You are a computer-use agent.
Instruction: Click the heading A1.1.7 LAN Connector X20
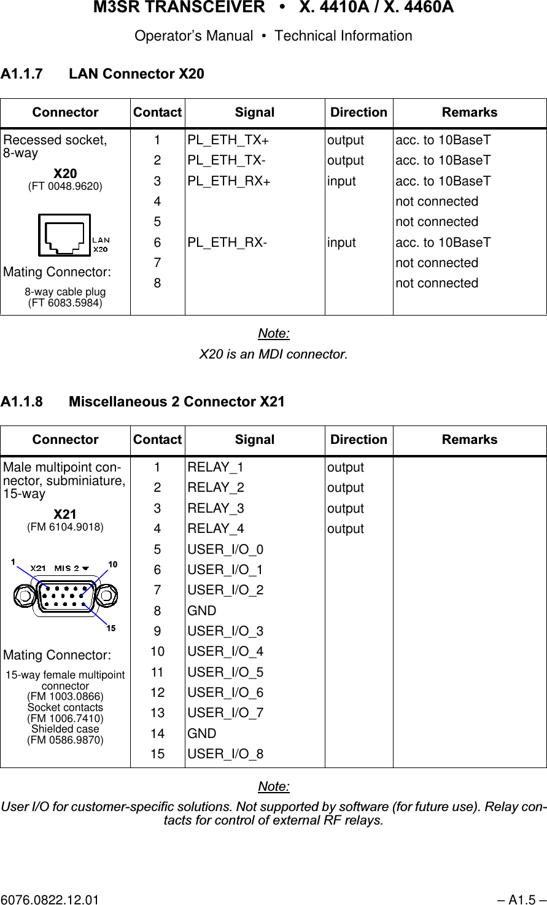103,74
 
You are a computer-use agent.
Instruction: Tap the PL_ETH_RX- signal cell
227,243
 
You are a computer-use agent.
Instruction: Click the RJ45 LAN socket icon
64,235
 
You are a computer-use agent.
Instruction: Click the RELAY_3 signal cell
215,508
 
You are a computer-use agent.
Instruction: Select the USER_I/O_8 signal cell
225,754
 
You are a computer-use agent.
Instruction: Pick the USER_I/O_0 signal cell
225,550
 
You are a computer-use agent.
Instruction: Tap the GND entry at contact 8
202,611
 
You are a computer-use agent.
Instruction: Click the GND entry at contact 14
202,734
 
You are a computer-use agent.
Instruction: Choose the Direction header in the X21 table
359,440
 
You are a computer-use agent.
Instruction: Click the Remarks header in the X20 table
470,112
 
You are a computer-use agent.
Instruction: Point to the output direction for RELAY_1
346,468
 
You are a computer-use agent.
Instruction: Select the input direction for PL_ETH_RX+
341,181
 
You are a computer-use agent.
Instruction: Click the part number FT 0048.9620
66,186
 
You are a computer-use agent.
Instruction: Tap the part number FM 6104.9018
66,527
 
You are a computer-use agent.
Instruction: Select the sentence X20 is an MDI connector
273,355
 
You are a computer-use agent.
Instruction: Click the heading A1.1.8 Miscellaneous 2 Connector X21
143,402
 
